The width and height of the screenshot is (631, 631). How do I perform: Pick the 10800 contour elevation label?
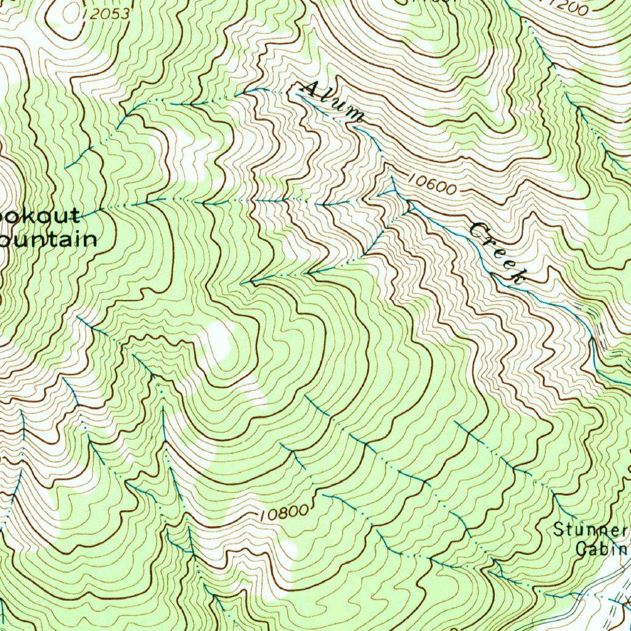(x=283, y=511)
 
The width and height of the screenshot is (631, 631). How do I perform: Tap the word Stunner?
(x=590, y=529)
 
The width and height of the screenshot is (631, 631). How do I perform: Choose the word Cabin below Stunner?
(x=600, y=548)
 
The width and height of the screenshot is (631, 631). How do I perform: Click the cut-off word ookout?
(x=39, y=216)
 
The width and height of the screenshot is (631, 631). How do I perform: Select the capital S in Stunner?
(x=558, y=529)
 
